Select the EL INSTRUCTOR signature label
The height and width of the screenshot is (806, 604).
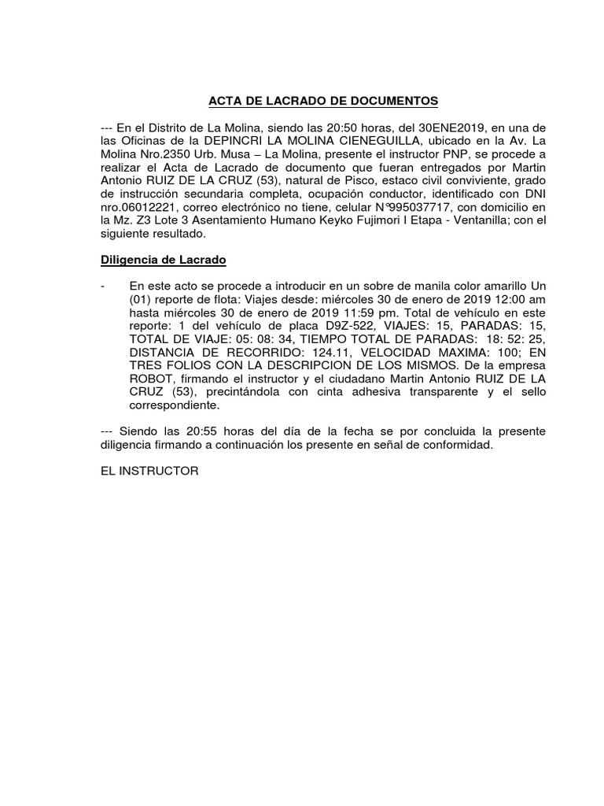[x=149, y=471]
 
